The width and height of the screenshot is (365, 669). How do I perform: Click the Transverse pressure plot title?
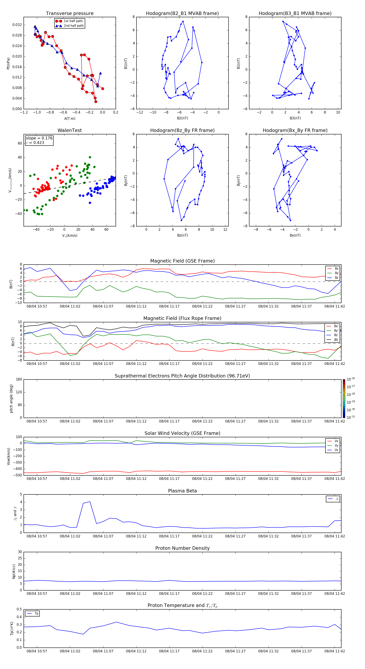tap(70, 14)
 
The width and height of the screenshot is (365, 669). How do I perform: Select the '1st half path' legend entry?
tap(73, 21)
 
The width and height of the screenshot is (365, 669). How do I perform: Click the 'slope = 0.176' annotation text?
tap(39, 138)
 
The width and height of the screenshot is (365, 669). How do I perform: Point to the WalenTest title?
tap(70, 130)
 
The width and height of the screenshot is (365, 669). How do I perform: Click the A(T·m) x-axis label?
tap(70, 118)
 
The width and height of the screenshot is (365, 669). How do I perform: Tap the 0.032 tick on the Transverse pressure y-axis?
tap(17, 25)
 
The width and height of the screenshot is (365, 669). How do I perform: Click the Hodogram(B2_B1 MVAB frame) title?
tap(182, 14)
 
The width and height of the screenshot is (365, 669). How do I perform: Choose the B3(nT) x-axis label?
tap(295, 118)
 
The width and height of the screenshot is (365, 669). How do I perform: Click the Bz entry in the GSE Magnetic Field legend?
tap(336, 278)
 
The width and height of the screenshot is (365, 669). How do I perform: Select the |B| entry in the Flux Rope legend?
tap(336, 340)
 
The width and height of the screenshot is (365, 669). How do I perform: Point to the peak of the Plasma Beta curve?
tap(90, 502)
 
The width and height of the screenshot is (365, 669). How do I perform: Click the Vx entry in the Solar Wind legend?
tap(336, 441)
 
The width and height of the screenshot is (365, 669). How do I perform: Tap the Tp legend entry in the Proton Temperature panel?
tap(36, 613)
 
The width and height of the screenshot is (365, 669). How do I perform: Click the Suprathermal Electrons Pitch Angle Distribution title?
tap(182, 376)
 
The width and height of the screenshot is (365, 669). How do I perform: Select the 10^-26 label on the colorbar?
tap(351, 379)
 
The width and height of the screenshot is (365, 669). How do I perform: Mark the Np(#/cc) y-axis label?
tap(14, 571)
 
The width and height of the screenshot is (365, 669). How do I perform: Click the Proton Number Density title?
tap(182, 548)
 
